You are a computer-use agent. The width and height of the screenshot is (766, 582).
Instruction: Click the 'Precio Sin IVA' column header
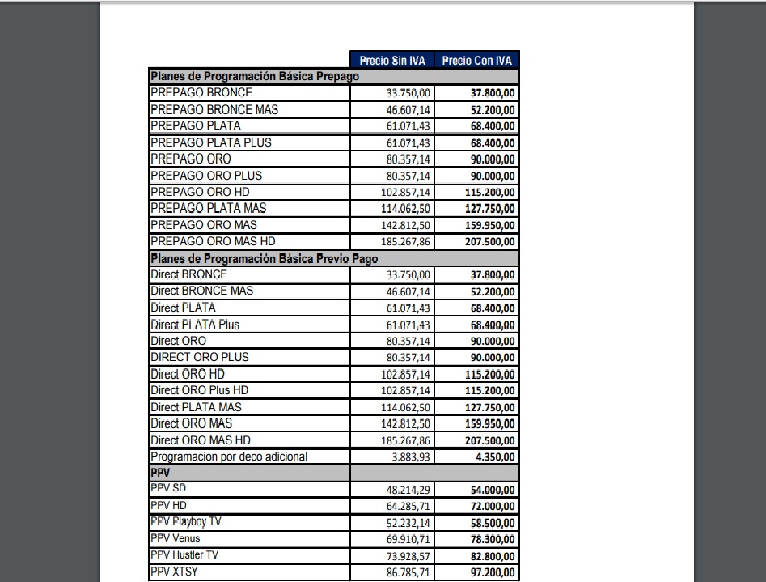click(392, 61)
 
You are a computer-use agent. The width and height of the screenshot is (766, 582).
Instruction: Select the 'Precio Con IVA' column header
click(477, 61)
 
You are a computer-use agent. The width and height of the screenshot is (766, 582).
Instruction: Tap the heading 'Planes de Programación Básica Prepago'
click(255, 76)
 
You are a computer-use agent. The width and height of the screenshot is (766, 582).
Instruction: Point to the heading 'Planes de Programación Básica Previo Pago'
click(265, 258)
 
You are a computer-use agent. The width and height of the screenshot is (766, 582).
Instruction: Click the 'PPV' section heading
click(159, 473)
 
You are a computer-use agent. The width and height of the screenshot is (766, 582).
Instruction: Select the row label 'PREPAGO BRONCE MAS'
click(214, 109)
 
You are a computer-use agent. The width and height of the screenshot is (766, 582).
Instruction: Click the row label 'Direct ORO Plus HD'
click(200, 390)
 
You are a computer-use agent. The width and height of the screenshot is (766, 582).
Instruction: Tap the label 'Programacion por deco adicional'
click(229, 457)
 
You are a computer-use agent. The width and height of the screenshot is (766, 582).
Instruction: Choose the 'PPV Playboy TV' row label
click(186, 522)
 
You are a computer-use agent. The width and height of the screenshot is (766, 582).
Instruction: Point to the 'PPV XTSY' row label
click(175, 571)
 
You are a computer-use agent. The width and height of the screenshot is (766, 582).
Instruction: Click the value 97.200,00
click(493, 572)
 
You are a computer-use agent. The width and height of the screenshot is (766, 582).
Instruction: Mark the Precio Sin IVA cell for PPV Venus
click(409, 539)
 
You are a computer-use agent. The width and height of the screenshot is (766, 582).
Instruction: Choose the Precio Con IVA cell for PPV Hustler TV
click(493, 556)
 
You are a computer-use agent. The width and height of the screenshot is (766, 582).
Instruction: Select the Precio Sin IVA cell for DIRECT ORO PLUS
click(409, 358)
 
